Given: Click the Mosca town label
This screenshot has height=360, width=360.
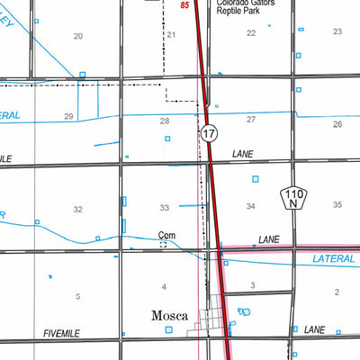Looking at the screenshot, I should pos(169,316).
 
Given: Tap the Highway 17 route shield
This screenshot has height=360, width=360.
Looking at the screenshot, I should pos(209,133).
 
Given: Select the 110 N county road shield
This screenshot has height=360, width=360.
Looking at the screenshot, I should pos(292,197).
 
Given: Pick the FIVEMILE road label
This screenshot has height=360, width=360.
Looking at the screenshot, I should pos(62,333).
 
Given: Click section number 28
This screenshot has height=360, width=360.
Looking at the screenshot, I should pos(164,121).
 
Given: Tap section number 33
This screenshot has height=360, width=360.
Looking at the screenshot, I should pos(164,208).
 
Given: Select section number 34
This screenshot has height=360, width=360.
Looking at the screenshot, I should pos(251,207).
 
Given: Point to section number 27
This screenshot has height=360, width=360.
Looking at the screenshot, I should pos(251,120).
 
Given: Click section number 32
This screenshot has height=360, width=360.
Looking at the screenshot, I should pos(78,209).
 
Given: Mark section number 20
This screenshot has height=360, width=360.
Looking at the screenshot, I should pos(78,36).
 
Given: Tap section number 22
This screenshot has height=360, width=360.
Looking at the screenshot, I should pos(251,33).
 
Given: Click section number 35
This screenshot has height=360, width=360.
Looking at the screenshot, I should pos(337,205).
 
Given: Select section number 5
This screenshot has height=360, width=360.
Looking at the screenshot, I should pos(78,296).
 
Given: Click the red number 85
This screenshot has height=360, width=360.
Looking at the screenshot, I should pos(184,5).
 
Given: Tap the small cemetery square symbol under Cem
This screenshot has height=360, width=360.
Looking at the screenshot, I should pos(163,244).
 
